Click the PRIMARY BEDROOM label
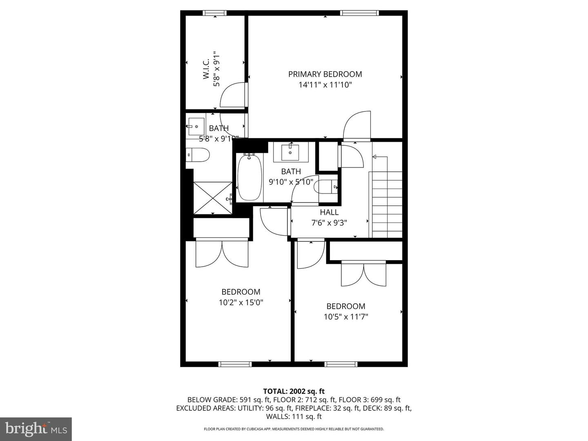325,74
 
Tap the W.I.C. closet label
206,69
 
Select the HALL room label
329,212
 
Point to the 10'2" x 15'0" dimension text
241,303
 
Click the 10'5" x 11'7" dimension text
346,316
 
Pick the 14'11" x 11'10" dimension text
325,85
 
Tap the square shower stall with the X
212,198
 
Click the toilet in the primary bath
198,155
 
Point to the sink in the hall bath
291,152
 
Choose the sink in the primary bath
196,124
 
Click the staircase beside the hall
386,204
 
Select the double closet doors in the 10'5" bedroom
363,274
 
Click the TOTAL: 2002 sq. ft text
294,392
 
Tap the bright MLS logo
36,429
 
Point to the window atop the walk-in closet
215,13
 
